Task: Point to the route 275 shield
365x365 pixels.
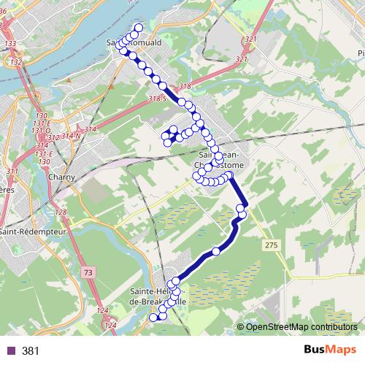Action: tap(272, 245)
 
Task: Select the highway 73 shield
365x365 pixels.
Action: tap(88, 272)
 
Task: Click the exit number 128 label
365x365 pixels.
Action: tap(61, 212)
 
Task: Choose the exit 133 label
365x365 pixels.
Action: tap(10, 45)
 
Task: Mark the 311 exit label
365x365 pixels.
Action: tap(12, 171)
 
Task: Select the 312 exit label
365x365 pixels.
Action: tap(52, 137)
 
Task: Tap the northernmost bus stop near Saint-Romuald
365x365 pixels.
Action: tap(139, 28)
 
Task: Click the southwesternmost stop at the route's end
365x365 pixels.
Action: tap(153, 318)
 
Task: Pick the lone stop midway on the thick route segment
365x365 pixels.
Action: tap(215, 252)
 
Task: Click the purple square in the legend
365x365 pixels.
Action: tap(10, 350)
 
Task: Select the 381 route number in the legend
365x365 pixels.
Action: tap(30, 350)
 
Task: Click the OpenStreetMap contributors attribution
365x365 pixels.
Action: tap(301, 326)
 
